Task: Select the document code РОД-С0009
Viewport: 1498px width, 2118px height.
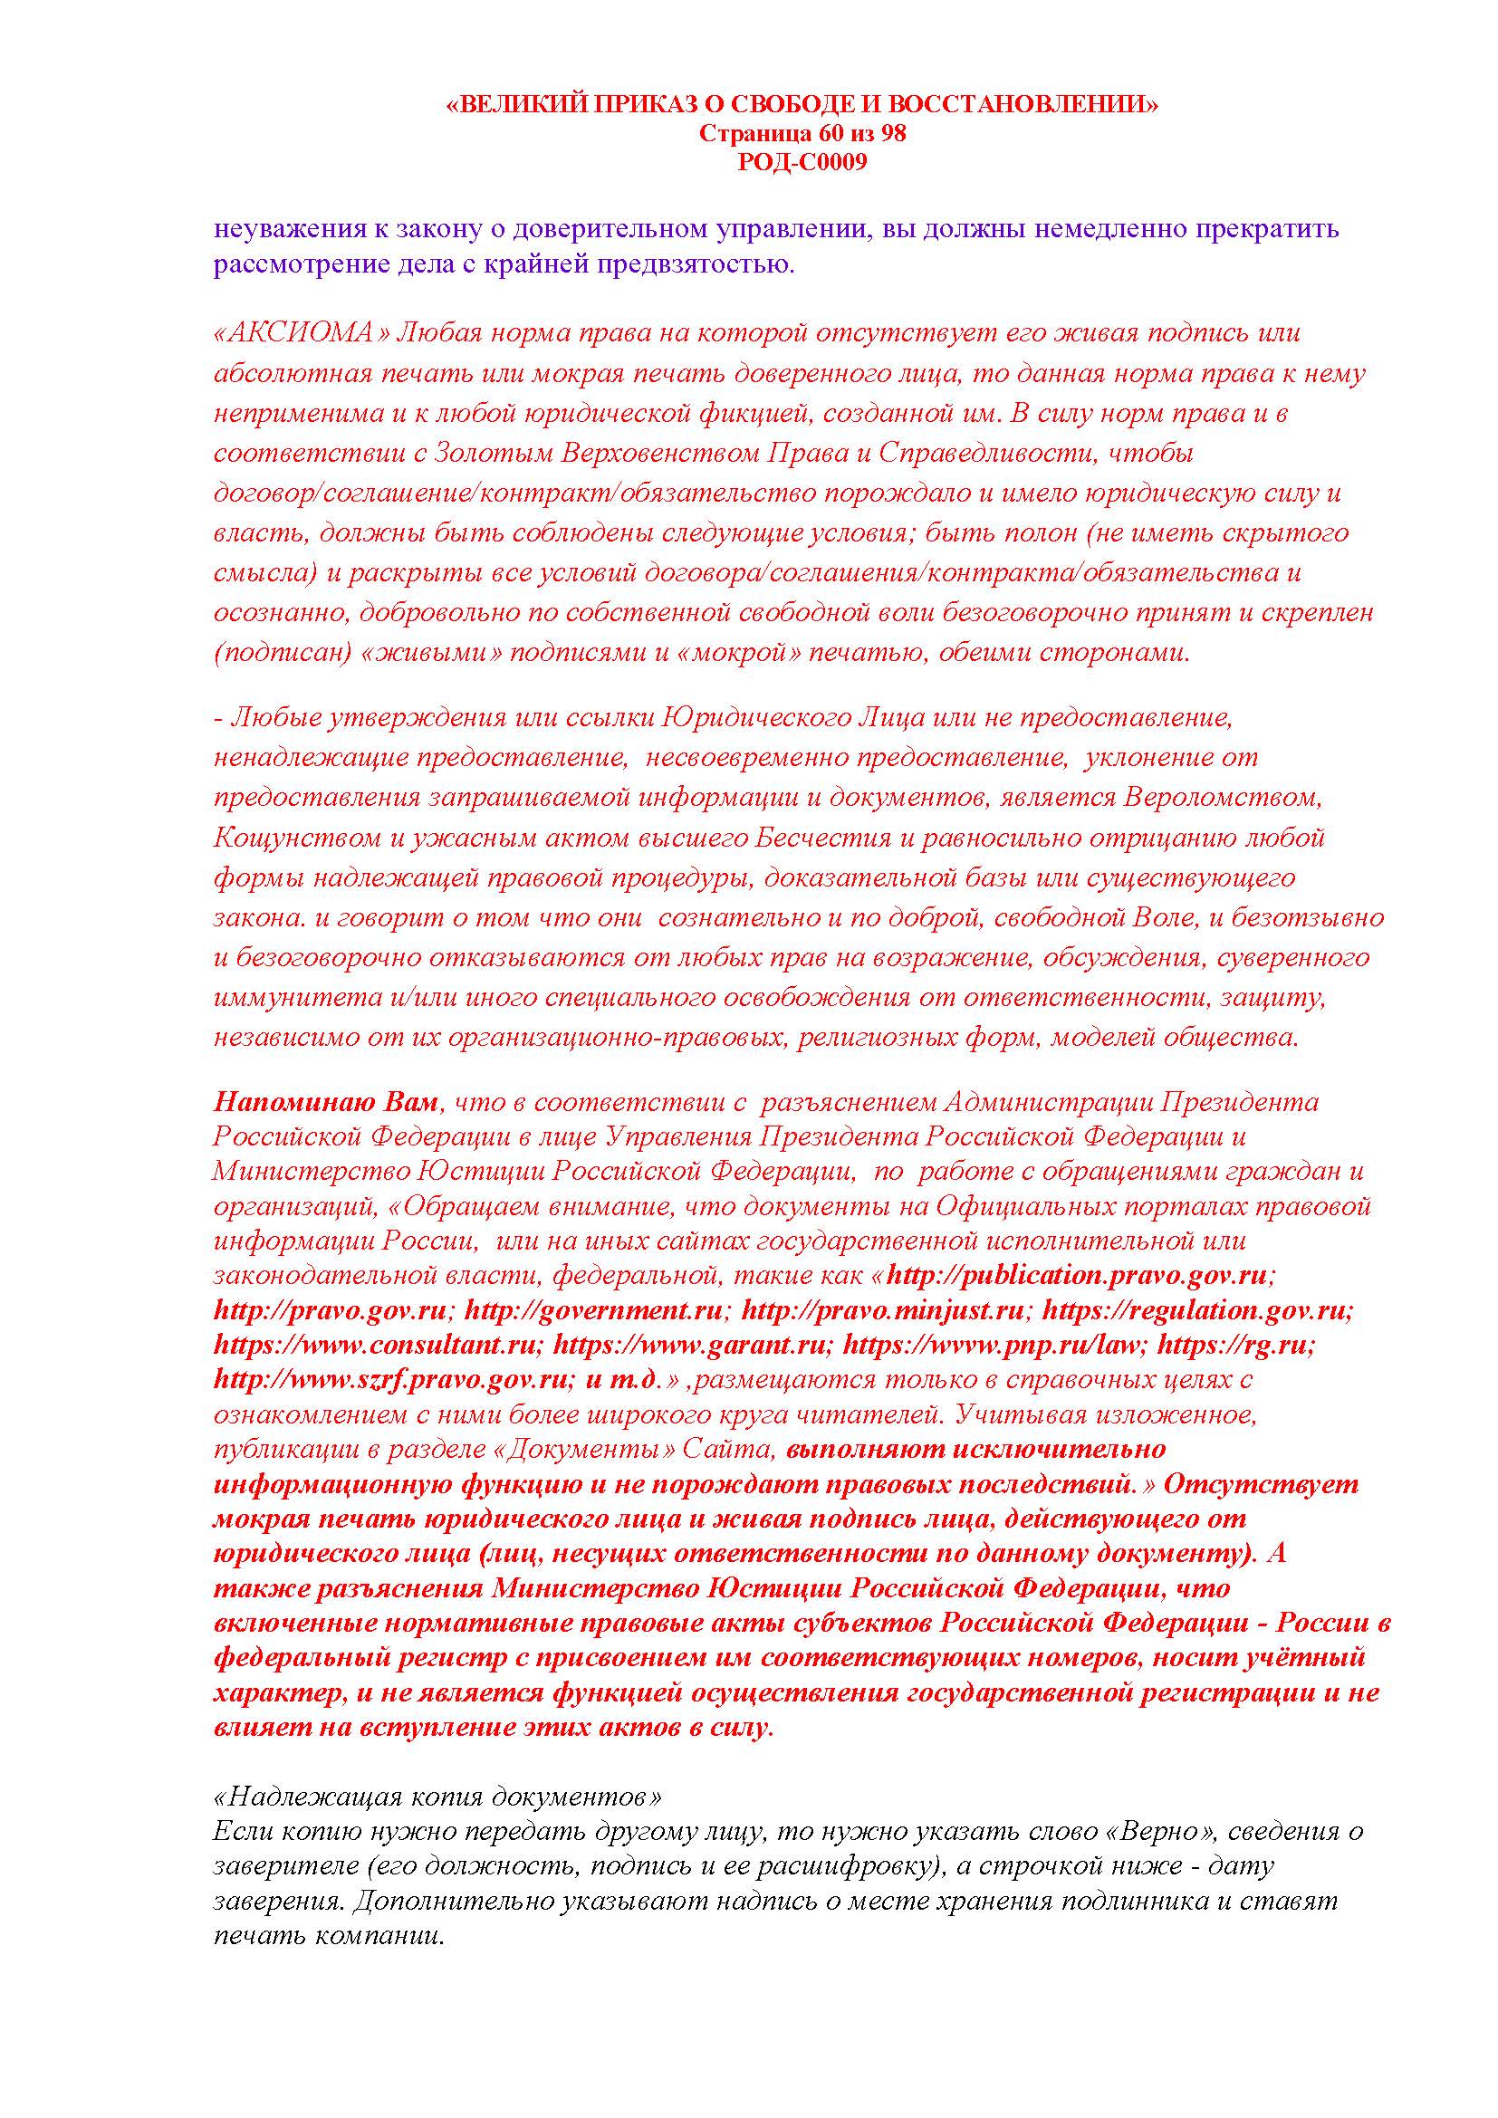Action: pos(802,162)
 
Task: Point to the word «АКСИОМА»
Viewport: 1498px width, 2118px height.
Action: pos(301,333)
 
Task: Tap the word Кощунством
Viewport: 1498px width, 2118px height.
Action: pos(288,838)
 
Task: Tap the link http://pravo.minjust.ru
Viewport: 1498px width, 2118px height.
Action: pos(884,1310)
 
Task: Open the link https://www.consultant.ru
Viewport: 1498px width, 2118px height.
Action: pos(373,1344)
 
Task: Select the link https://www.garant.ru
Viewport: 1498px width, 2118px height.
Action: pos(693,1344)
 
